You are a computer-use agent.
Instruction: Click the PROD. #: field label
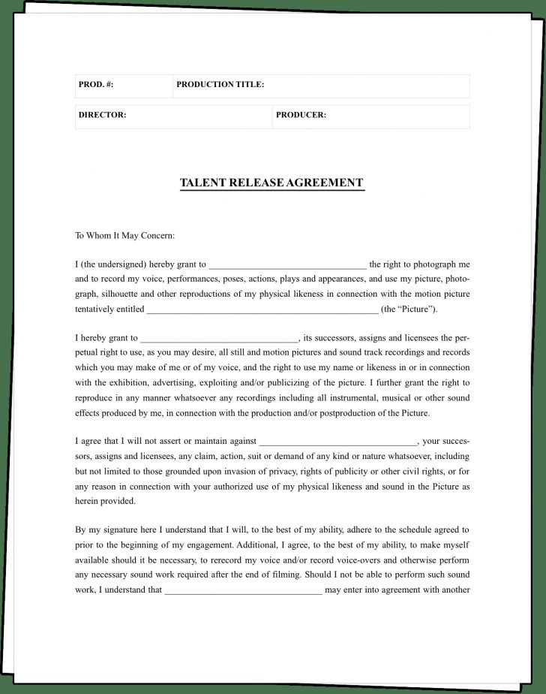[x=95, y=85]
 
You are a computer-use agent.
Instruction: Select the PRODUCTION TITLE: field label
[x=220, y=85]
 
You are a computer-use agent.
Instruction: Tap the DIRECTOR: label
[x=102, y=116]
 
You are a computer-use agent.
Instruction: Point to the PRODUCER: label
[x=301, y=116]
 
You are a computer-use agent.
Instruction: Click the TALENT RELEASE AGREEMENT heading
[x=271, y=183]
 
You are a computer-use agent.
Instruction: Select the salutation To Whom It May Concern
[x=124, y=235]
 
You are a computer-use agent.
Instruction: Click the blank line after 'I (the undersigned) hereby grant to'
[x=287, y=265]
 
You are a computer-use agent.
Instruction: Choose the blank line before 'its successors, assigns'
[x=220, y=339]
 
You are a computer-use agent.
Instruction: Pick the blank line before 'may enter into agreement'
[x=243, y=590]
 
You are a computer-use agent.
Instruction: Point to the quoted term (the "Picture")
[x=409, y=309]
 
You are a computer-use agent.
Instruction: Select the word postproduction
[x=344, y=412]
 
